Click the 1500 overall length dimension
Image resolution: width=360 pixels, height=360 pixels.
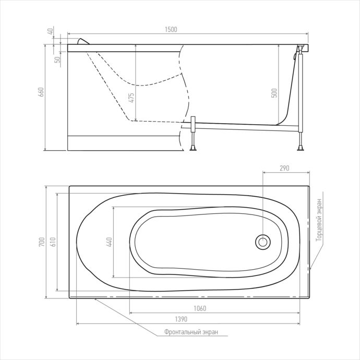tap(171, 29)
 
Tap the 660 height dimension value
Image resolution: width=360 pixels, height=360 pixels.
tap(42, 92)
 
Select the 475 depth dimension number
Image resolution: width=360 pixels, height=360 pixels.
tap(131, 98)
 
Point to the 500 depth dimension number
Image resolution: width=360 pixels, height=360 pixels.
tap(274, 93)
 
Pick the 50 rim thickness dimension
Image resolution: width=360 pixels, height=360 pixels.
tap(58, 59)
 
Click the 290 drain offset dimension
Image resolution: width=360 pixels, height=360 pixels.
tap(284, 168)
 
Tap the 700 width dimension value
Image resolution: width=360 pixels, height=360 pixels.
tap(42, 242)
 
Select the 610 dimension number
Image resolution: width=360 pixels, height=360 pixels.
tap(53, 242)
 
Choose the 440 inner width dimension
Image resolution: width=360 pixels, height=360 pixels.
tap(109, 242)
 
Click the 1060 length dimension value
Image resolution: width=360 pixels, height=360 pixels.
tap(200, 308)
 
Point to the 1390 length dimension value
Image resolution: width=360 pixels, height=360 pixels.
tap(181, 319)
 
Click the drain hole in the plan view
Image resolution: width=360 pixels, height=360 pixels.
tap(262, 242)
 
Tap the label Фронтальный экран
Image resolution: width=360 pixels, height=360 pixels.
tap(191, 332)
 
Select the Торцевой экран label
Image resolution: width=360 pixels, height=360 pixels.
tap(319, 220)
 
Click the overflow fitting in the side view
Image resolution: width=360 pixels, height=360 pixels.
tap(294, 56)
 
